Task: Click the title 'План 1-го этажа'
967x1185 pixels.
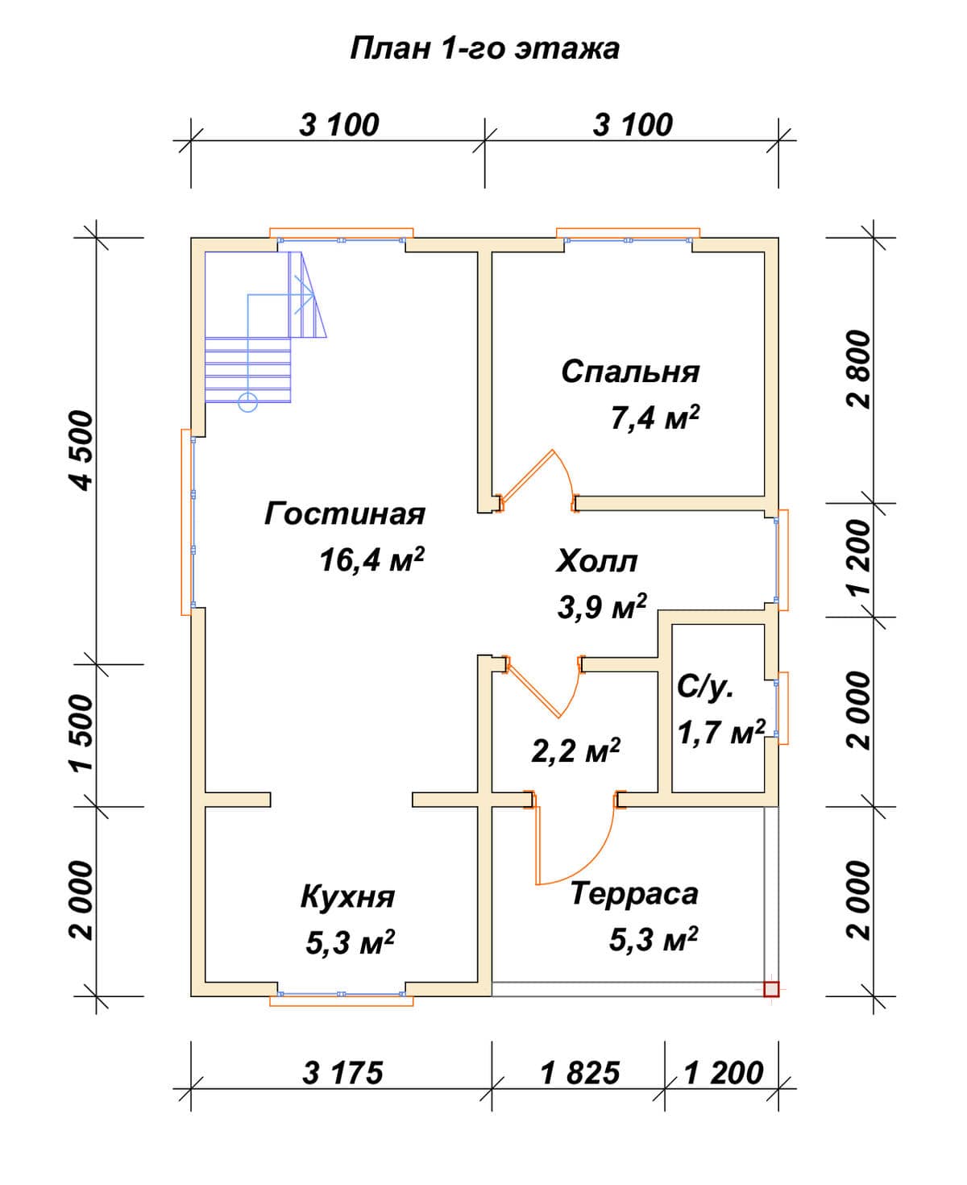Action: coord(484,49)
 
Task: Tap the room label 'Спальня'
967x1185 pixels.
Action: coord(630,372)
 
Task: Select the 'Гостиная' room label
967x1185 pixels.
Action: coord(345,513)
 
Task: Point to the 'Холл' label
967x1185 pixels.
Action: coord(596,561)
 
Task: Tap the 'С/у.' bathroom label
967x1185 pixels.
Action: coord(705,687)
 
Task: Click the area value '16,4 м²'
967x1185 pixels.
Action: coord(371,559)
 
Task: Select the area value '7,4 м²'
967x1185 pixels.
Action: coord(655,418)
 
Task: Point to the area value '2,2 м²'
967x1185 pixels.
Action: coord(575,750)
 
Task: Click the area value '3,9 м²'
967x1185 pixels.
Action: coord(602,606)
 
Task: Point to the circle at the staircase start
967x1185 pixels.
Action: coord(247,402)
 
